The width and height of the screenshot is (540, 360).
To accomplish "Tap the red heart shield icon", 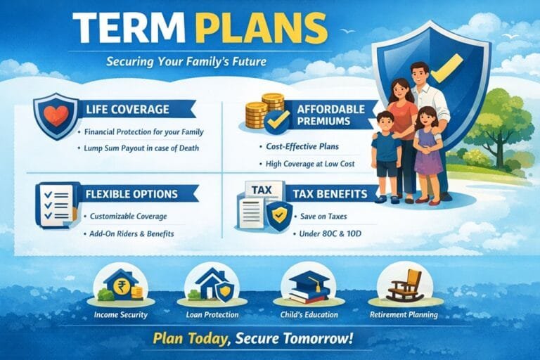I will point(56,115).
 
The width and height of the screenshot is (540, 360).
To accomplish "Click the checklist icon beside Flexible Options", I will point(56,204).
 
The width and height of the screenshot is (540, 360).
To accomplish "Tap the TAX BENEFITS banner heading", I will point(330,194).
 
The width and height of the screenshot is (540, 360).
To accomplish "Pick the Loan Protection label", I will point(212,314).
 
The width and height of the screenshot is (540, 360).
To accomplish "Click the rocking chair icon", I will point(406,285).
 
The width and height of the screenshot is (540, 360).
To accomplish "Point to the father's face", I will point(419,74).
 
